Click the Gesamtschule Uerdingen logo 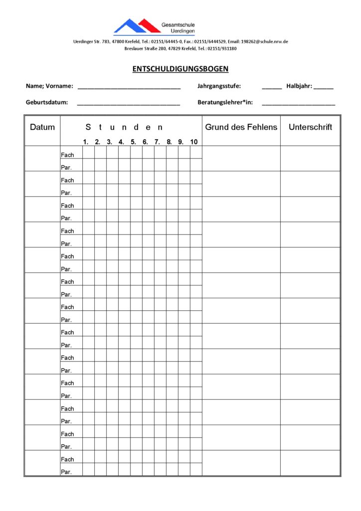pos(154,26)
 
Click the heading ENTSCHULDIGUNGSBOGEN pos(180,69)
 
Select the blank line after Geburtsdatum pos(129,104)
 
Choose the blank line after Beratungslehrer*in pos(299,104)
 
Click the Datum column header pos(42,127)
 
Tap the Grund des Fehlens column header pos(241,127)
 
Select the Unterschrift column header pos(310,127)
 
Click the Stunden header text pos(124,127)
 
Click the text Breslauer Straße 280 pos(145,48)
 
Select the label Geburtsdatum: pos(46,103)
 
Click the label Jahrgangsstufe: pos(219,86)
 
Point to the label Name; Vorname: pos(49,86)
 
